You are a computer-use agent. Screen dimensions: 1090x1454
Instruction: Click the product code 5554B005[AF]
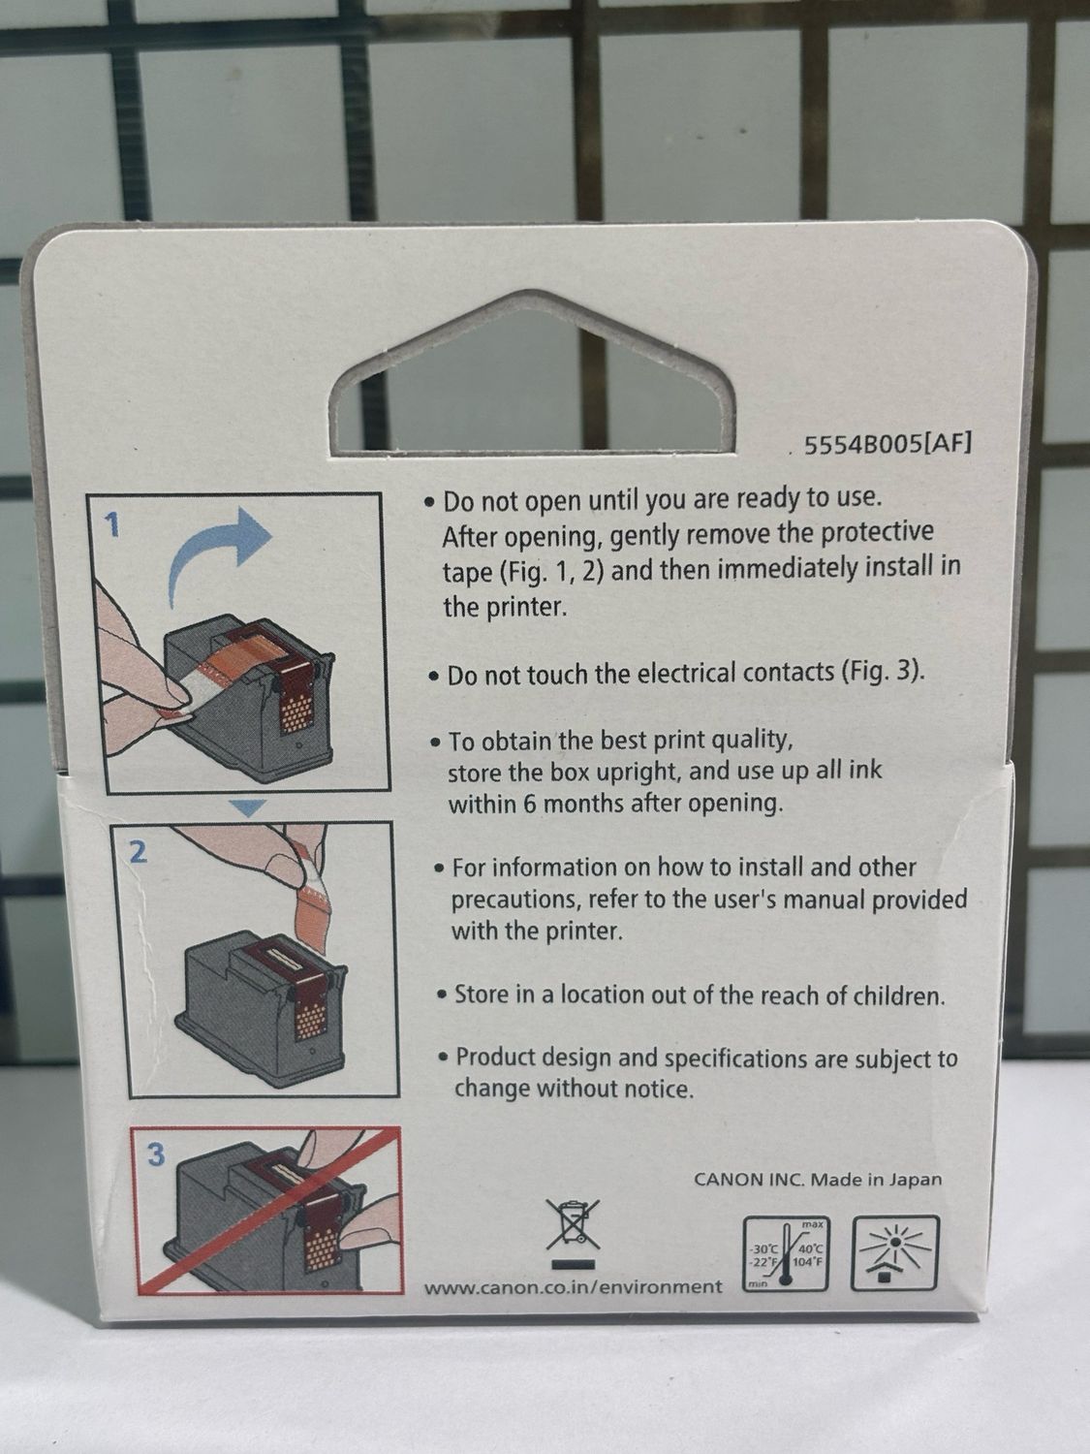888,445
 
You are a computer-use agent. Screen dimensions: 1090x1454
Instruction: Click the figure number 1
113,526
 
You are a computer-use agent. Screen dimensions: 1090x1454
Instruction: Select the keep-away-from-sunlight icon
894,1252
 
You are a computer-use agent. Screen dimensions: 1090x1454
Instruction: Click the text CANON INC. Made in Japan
818,1179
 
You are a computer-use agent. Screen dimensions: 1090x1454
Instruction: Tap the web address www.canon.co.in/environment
574,1286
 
